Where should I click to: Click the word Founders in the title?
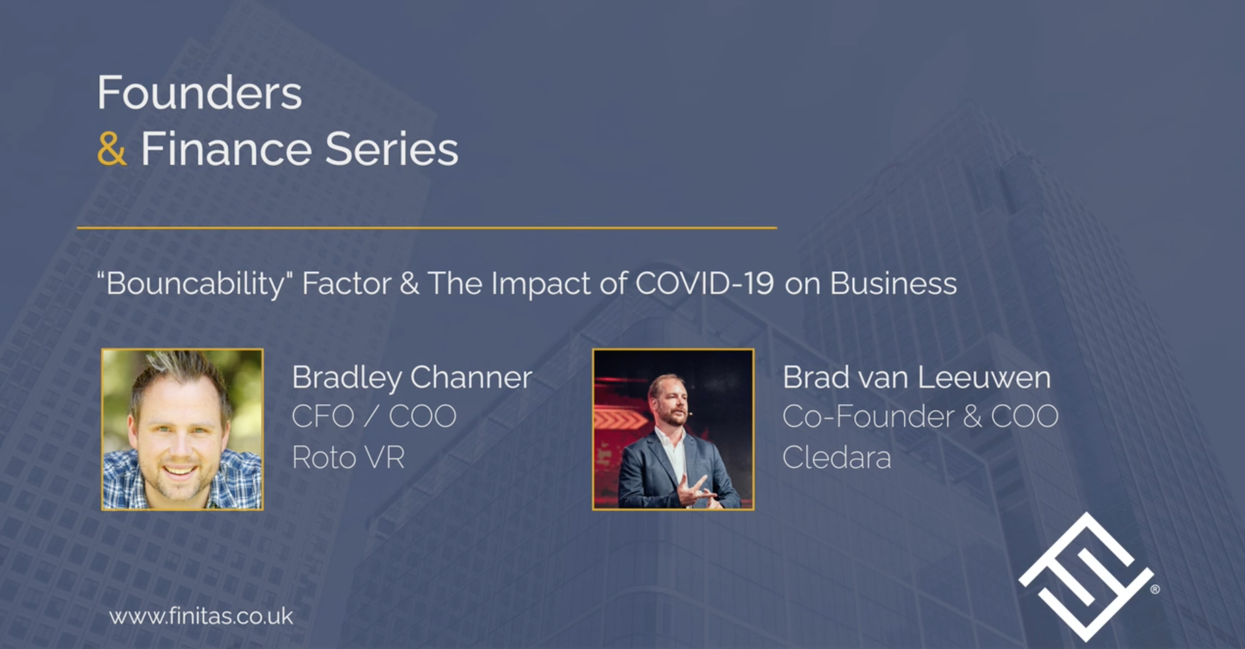pyautogui.click(x=199, y=93)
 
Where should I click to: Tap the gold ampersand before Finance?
pyautogui.click(x=111, y=149)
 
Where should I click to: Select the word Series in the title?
pyautogui.click(x=392, y=149)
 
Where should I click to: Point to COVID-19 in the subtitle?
pyautogui.click(x=705, y=283)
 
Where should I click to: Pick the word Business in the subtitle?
pyautogui.click(x=893, y=283)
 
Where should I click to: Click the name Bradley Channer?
pyautogui.click(x=412, y=377)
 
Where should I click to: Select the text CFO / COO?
pyautogui.click(x=373, y=416)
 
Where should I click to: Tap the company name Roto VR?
pyautogui.click(x=348, y=457)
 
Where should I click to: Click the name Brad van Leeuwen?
pyautogui.click(x=916, y=377)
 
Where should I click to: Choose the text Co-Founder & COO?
pyautogui.click(x=920, y=416)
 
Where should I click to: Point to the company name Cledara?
pyautogui.click(x=836, y=457)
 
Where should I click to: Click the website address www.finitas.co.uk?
pyautogui.click(x=201, y=616)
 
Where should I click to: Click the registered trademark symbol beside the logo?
pyautogui.click(x=1155, y=589)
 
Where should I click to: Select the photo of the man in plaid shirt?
pyautogui.click(x=183, y=429)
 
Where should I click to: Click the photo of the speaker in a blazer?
pyautogui.click(x=673, y=429)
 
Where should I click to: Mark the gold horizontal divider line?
pyautogui.click(x=427, y=228)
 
